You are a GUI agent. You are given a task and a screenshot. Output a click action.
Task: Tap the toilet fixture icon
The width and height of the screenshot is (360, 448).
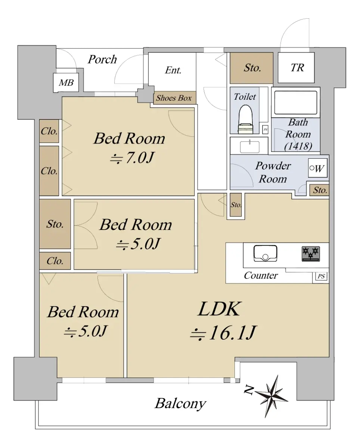(246, 119)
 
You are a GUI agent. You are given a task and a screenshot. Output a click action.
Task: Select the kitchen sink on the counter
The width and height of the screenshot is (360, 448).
(265, 253)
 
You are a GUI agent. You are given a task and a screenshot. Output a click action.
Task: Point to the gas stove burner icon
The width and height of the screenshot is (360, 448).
(310, 254)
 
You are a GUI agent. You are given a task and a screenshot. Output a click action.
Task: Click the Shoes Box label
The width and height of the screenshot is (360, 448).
(174, 98)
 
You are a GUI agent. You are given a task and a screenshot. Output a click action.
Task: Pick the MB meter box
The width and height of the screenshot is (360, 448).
(66, 83)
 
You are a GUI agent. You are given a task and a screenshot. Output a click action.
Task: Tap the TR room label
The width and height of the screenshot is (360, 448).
(297, 68)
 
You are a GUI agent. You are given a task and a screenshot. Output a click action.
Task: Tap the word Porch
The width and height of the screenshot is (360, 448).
(102, 59)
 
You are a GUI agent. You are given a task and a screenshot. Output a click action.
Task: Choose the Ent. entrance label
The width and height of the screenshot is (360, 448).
(173, 70)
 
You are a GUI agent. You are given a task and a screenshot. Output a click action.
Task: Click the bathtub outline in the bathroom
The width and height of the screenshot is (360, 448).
(296, 103)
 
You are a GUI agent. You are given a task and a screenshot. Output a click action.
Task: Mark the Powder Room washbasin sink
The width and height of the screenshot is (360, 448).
(249, 147)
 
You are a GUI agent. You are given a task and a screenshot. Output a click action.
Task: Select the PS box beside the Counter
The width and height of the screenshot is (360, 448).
(321, 276)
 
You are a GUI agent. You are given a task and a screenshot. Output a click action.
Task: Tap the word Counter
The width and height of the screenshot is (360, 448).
(261, 276)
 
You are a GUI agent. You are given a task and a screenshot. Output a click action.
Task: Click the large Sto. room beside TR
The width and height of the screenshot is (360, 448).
(252, 68)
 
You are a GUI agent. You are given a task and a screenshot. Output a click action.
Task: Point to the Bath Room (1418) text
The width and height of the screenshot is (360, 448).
(298, 134)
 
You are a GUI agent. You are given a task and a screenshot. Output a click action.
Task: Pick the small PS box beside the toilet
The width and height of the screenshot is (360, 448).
(265, 130)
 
